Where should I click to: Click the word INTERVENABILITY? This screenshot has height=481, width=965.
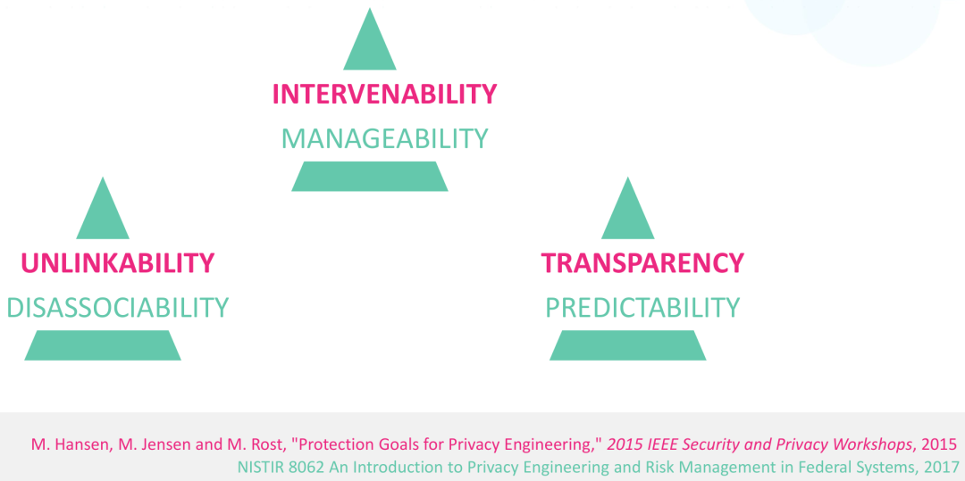[x=384, y=94]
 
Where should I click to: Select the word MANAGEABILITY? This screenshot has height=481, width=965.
[x=384, y=139]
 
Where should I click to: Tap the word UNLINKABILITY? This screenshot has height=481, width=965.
[x=118, y=263]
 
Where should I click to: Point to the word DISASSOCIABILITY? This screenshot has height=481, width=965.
[x=118, y=308]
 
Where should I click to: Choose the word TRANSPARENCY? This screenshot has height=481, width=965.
[x=642, y=263]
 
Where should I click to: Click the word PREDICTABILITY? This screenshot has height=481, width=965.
[x=642, y=308]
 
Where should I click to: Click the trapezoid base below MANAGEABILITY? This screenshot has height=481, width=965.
[x=370, y=177]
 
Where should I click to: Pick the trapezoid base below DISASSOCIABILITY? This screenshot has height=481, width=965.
[x=103, y=345]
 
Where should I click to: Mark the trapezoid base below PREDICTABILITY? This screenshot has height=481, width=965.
[x=628, y=345]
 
